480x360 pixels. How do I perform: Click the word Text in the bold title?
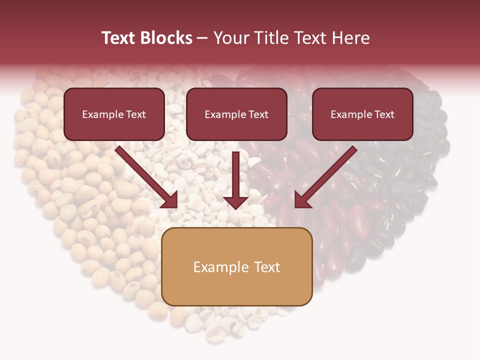click(x=118, y=38)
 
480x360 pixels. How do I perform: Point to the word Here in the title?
click(x=349, y=38)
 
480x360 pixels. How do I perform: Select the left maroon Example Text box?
click(x=114, y=114)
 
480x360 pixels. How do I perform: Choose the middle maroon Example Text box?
click(x=236, y=114)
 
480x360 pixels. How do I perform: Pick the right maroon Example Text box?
click(x=362, y=114)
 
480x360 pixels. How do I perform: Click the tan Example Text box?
click(x=237, y=267)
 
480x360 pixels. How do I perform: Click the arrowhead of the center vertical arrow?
click(x=236, y=202)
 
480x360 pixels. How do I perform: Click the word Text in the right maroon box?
click(x=384, y=114)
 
